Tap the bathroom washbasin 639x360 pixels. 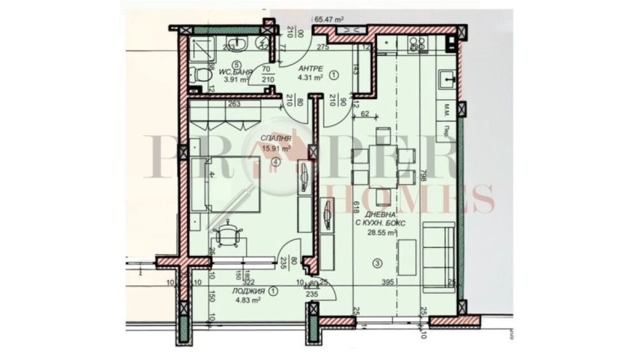point(243,43)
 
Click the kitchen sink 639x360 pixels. point(447,79)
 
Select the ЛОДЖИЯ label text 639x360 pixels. point(249,292)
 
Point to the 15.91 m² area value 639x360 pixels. point(275,148)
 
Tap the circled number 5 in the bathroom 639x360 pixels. point(237,64)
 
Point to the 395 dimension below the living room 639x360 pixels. point(385,282)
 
